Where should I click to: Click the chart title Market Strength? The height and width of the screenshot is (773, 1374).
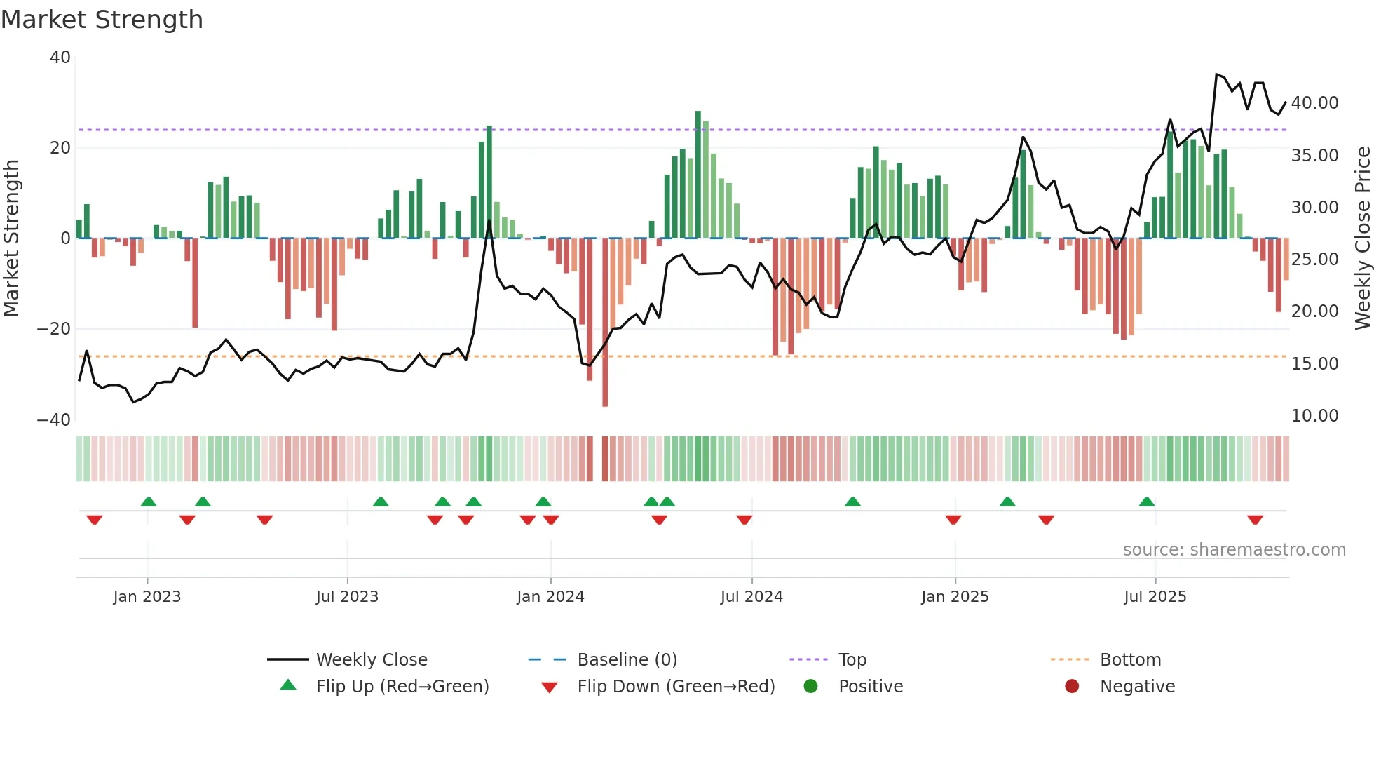(x=102, y=20)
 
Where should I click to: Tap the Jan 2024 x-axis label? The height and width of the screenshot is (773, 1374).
(x=550, y=597)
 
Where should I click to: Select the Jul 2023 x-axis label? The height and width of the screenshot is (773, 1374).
(x=347, y=597)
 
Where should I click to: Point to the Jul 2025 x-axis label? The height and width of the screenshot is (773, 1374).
(x=1155, y=597)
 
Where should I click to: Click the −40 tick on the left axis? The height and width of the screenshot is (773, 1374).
(x=54, y=420)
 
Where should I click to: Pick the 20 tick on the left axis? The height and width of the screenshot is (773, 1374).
(x=61, y=148)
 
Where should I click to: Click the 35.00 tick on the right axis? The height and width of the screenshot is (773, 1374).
(x=1314, y=156)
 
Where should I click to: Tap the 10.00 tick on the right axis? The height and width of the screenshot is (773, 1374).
(x=1314, y=416)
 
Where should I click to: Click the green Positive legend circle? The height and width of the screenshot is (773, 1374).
(x=811, y=686)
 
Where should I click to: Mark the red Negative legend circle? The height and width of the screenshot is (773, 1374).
(x=1072, y=686)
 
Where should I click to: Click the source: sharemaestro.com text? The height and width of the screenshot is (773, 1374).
(x=1234, y=550)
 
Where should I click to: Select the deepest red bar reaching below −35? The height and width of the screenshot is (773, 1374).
(x=605, y=323)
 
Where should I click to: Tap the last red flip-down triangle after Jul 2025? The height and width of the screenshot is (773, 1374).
(x=1255, y=520)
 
